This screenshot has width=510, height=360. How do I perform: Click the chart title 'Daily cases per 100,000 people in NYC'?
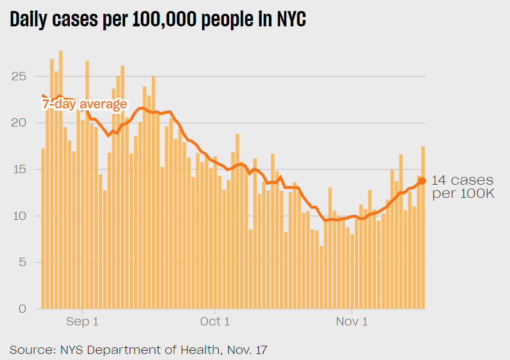(x=158, y=20)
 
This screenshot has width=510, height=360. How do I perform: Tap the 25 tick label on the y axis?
(x=19, y=76)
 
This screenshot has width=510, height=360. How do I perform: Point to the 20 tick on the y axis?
(x=19, y=123)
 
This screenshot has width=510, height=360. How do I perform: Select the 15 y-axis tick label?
(x=19, y=170)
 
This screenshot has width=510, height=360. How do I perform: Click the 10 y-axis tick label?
(x=19, y=216)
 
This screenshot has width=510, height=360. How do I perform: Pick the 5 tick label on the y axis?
(x=22, y=263)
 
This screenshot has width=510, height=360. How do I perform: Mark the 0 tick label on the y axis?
(x=22, y=309)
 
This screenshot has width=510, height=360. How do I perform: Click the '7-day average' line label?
(x=85, y=104)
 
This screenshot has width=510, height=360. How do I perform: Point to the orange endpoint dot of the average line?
(x=422, y=181)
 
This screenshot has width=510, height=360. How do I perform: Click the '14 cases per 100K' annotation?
(x=463, y=187)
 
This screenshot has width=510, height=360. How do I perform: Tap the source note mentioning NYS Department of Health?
(x=138, y=350)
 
